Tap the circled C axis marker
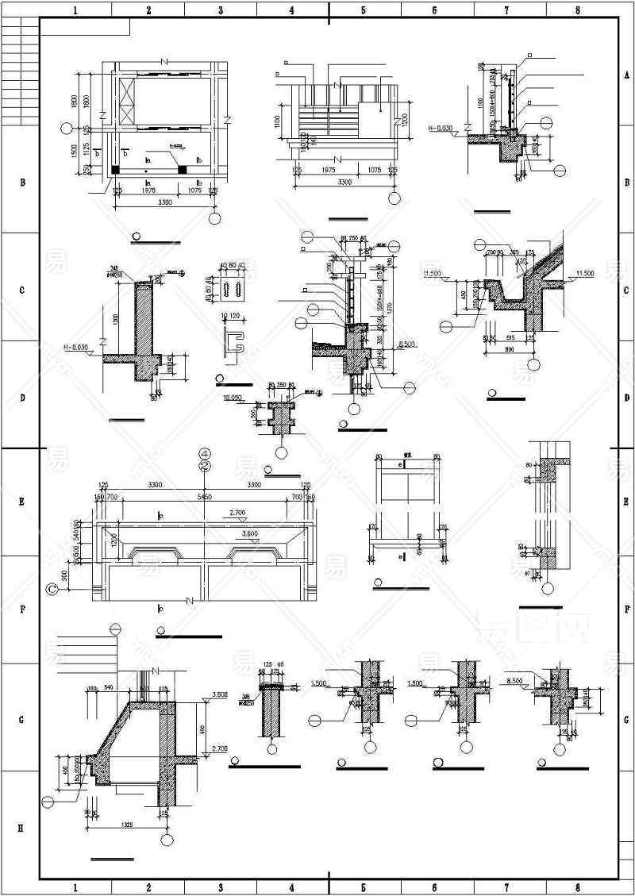(52, 589)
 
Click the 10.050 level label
(233, 397)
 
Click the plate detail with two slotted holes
(233, 289)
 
